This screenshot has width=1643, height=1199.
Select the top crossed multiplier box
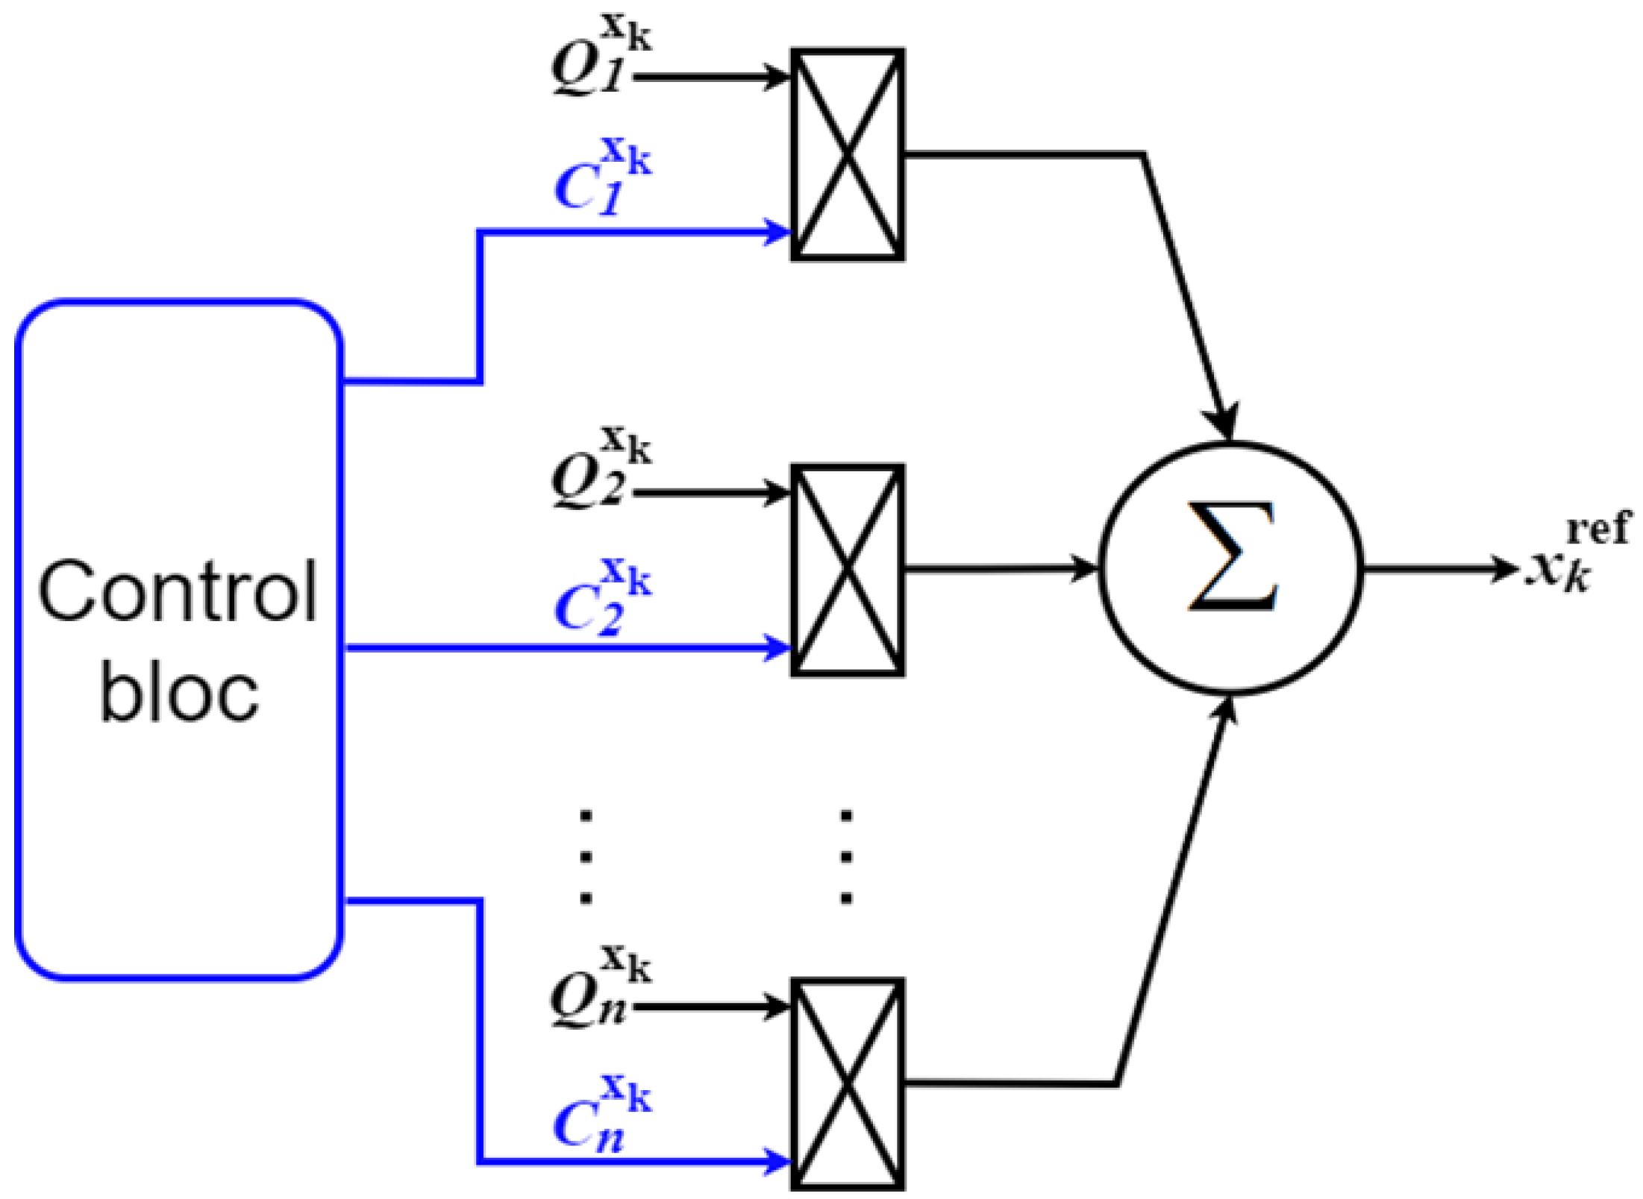pyautogui.click(x=848, y=155)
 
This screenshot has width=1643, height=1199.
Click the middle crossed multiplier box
pyautogui.click(x=848, y=570)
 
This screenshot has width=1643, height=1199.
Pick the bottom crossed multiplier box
pyautogui.click(x=848, y=1084)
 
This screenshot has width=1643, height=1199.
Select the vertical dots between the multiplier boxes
pyautogui.click(x=846, y=857)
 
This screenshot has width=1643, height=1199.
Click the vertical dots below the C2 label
pyautogui.click(x=586, y=857)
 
